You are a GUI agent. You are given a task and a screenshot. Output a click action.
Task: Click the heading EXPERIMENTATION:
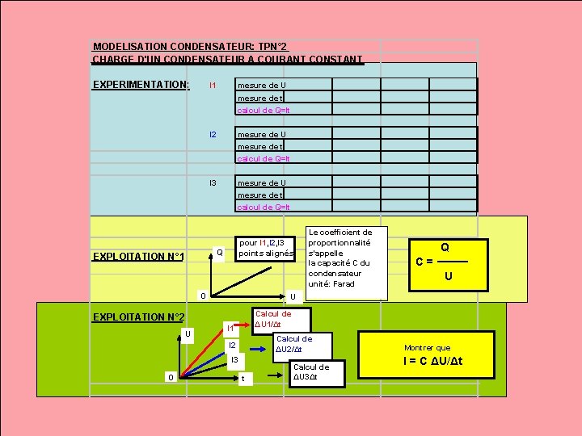[x=141, y=85]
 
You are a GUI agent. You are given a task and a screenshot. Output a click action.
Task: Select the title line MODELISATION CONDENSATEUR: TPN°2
[x=190, y=47]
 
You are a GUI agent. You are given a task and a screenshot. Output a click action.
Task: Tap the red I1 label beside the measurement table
[x=213, y=85]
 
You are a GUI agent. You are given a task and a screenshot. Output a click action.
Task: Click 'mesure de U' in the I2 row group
[x=261, y=134]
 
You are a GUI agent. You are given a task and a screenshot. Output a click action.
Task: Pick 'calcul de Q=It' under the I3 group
[x=264, y=207]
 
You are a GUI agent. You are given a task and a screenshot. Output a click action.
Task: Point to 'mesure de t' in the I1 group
[x=259, y=98]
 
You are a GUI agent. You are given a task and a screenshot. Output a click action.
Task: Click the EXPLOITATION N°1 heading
[x=138, y=257]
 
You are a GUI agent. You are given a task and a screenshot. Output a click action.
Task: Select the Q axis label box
[x=218, y=253]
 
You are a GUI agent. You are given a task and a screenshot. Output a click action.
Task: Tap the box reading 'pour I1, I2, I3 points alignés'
[x=267, y=248]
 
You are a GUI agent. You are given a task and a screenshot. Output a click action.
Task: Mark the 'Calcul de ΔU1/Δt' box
[x=272, y=318]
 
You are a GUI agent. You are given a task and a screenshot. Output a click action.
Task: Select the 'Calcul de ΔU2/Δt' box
[x=293, y=344]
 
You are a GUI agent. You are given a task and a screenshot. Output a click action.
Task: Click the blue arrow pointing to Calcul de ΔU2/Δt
[x=257, y=349]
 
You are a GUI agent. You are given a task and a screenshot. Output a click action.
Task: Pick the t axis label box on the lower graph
[x=244, y=378]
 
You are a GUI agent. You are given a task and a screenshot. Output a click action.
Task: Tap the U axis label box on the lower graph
[x=187, y=333]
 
